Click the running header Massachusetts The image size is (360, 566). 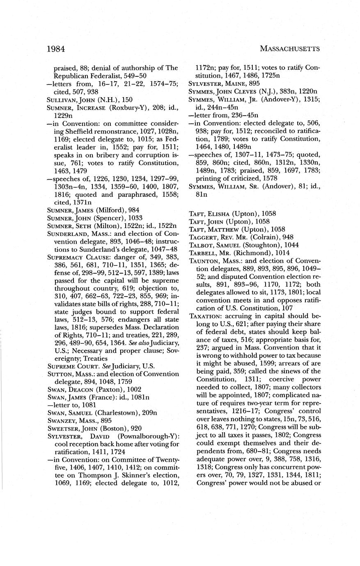click(x=290, y=49)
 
